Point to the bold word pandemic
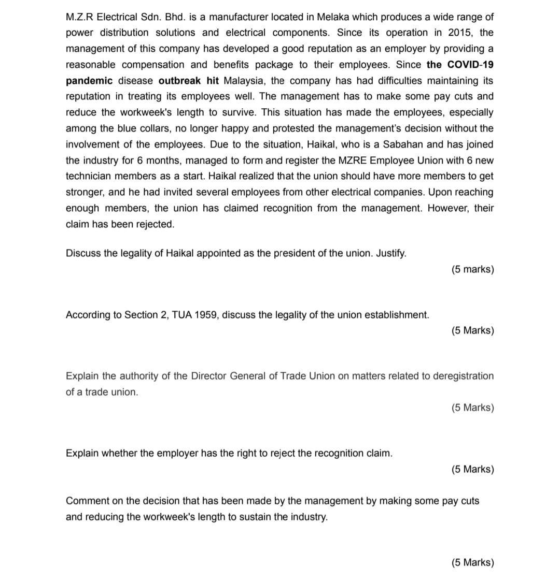pyautogui.click(x=89, y=81)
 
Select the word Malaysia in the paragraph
pyautogui.click(x=245, y=81)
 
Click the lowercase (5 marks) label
pyautogui.click(x=472, y=269)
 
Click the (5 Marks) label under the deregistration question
pyautogui.click(x=472, y=408)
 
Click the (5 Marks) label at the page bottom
pyautogui.click(x=472, y=562)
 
